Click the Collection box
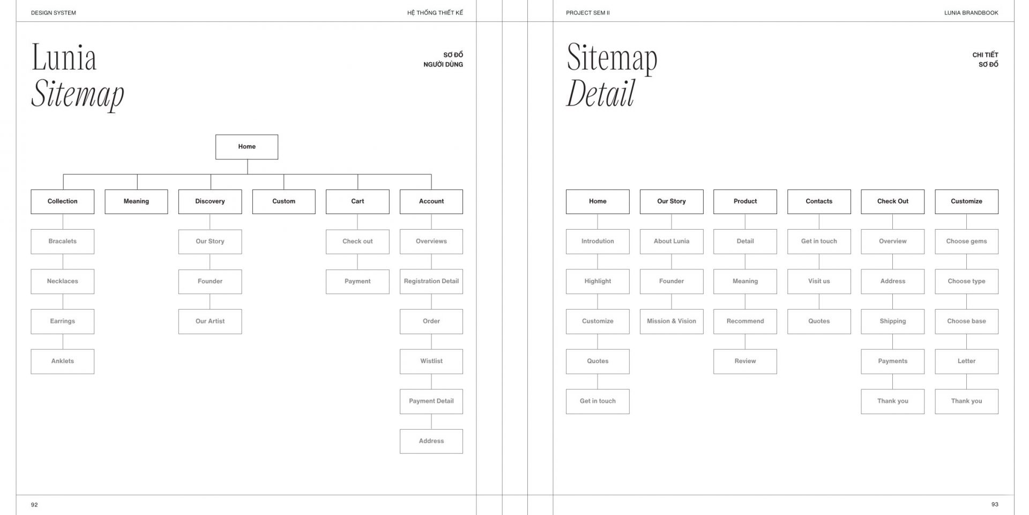[x=62, y=202]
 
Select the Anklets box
[x=62, y=362]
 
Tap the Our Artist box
[x=210, y=321]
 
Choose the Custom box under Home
[x=284, y=202]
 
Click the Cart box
[x=357, y=202]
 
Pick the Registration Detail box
[x=431, y=282]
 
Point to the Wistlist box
[x=431, y=362]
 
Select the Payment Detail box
[x=431, y=401]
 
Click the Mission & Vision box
[x=672, y=321]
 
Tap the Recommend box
[x=745, y=321]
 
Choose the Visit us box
[x=819, y=282]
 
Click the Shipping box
[x=893, y=321]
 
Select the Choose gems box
[x=967, y=241]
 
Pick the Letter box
[x=967, y=362]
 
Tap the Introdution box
[x=598, y=241]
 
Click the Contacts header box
[x=819, y=202]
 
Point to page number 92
[x=34, y=505]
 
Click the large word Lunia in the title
[x=64, y=57]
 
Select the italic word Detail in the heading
[x=601, y=93]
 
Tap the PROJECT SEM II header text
[x=588, y=13]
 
